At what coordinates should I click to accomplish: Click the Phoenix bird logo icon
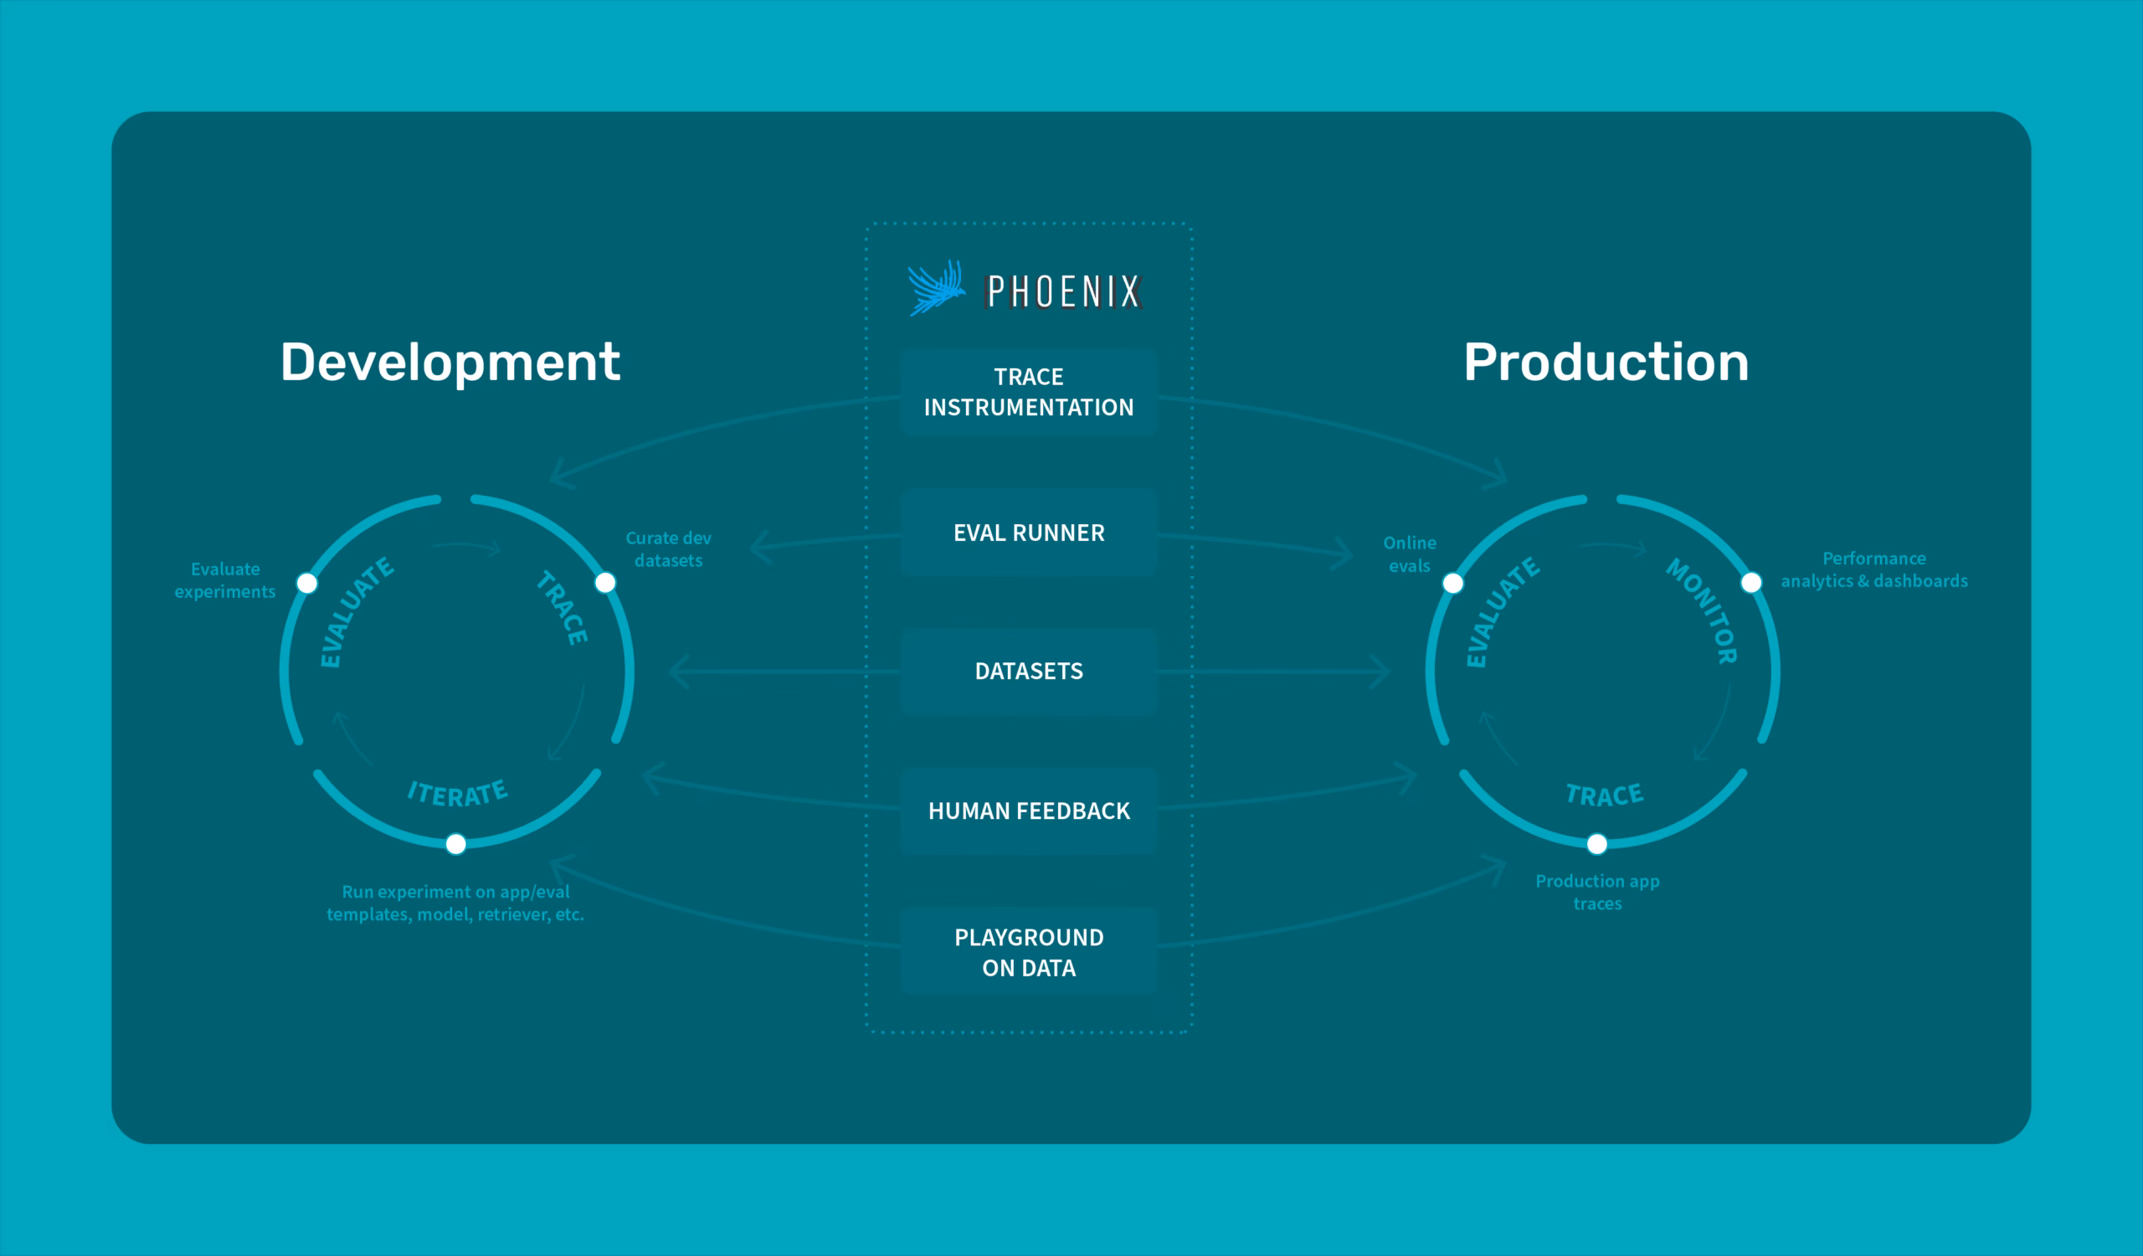pos(936,288)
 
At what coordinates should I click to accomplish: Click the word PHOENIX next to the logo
pos(1062,291)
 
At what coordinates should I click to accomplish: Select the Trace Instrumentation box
pos(1029,392)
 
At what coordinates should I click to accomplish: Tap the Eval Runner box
pos(1029,533)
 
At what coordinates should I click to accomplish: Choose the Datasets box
pos(1029,671)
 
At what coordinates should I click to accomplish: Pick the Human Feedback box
pos(1029,811)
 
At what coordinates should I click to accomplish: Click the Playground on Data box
pos(1029,951)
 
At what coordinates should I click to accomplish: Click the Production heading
pos(1606,363)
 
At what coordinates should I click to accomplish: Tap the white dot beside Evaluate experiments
pos(307,584)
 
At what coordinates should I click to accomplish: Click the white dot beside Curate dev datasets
pos(605,583)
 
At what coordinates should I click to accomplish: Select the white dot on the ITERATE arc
pos(456,843)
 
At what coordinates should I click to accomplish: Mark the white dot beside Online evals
pos(1453,584)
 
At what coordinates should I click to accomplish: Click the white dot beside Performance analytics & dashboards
pos(1752,583)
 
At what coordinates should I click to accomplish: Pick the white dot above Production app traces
pos(1597,843)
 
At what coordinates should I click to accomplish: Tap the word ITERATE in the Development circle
pos(459,793)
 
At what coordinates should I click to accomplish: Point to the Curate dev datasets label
pos(668,549)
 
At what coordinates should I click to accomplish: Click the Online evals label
pos(1410,554)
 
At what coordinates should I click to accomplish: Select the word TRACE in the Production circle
pos(1605,795)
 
